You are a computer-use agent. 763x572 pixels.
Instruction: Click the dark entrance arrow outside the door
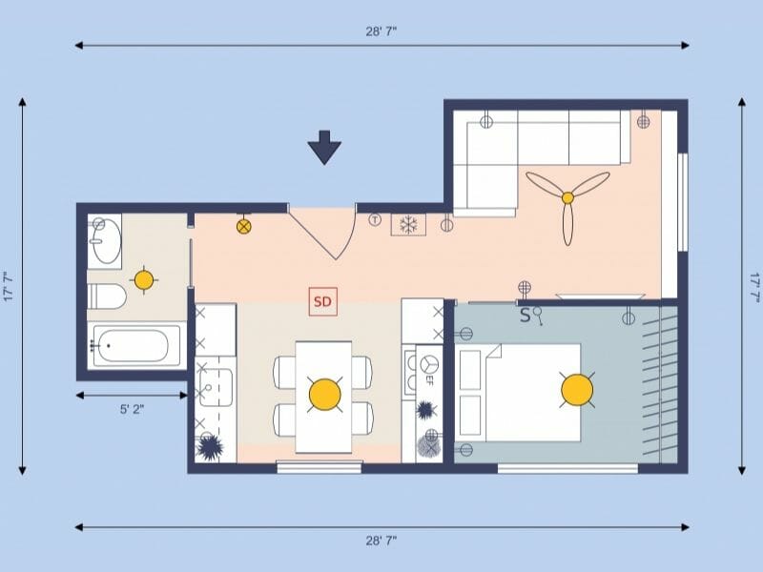(324, 148)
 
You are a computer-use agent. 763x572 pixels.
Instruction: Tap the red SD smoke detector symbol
(322, 302)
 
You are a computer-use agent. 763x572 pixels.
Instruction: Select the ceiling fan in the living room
(567, 198)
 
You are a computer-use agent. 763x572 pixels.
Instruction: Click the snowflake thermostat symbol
(409, 225)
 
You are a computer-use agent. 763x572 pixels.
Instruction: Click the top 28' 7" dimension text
(381, 31)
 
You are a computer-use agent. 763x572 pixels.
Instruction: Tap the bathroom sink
(106, 240)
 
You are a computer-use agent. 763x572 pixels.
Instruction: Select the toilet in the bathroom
(107, 296)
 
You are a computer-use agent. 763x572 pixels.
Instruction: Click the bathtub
(135, 345)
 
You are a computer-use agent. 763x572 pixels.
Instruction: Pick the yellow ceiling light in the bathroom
(143, 279)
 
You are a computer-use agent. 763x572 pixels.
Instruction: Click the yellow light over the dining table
(324, 394)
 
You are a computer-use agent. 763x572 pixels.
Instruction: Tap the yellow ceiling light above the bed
(577, 389)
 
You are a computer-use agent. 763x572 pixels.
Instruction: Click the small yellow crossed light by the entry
(244, 227)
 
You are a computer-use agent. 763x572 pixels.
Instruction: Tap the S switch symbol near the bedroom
(526, 316)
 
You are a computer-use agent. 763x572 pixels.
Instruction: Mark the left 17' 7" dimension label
(9, 287)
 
